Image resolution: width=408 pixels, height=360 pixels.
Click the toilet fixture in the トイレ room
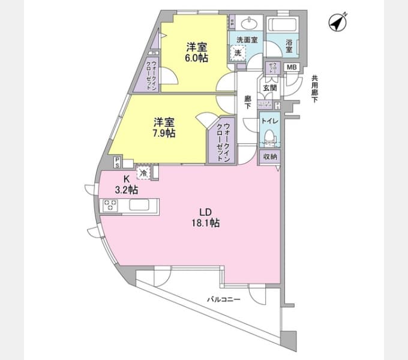pyautogui.click(x=269, y=137)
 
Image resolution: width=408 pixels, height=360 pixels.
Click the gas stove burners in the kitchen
pyautogui.click(x=110, y=206)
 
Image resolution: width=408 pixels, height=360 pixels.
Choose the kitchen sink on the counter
pyautogui.click(x=142, y=205)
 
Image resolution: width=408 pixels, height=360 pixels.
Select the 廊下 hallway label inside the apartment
pyautogui.click(x=247, y=101)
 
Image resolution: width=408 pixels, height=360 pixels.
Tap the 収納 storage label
pyautogui.click(x=270, y=156)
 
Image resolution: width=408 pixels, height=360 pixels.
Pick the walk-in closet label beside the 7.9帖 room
pyautogui.click(x=219, y=139)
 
